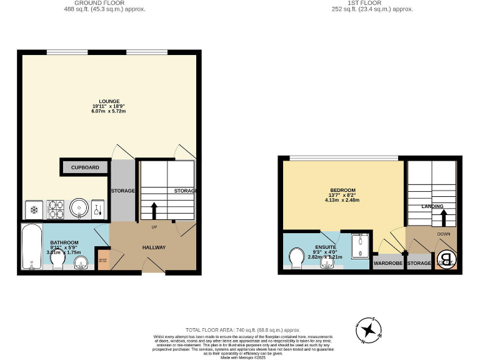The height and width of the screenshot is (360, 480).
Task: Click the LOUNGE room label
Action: pyautogui.click(x=109, y=101)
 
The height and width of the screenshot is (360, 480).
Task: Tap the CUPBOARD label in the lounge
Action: pyautogui.click(x=85, y=167)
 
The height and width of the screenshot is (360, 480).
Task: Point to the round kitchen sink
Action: pyautogui.click(x=79, y=208)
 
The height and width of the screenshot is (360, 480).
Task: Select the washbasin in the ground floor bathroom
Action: pyautogui.click(x=81, y=262)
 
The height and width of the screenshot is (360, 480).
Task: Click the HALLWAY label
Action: pyautogui.click(x=154, y=247)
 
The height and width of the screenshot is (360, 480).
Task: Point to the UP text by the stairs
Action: pyautogui.click(x=154, y=227)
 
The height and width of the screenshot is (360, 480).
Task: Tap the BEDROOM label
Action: pyautogui.click(x=342, y=190)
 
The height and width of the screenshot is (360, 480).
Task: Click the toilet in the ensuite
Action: pyautogui.click(x=296, y=257)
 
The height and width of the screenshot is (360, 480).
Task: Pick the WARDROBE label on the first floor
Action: pyautogui.click(x=388, y=264)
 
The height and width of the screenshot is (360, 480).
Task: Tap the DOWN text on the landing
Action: pyautogui.click(x=444, y=235)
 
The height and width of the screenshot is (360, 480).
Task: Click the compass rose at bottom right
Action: pyautogui.click(x=369, y=330)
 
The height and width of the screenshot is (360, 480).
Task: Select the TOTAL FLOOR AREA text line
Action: pyautogui.click(x=242, y=329)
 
